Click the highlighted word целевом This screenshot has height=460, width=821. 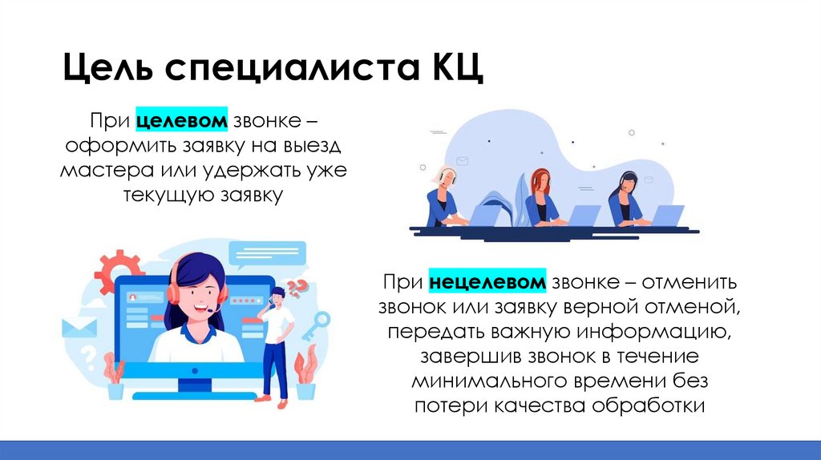[x=182, y=122]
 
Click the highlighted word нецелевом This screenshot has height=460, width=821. [x=487, y=283]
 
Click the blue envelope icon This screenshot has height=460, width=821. [x=79, y=327]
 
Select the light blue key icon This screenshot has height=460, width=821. [x=314, y=324]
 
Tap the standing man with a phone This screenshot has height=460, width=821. [x=277, y=341]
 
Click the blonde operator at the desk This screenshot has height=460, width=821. [x=446, y=196]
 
